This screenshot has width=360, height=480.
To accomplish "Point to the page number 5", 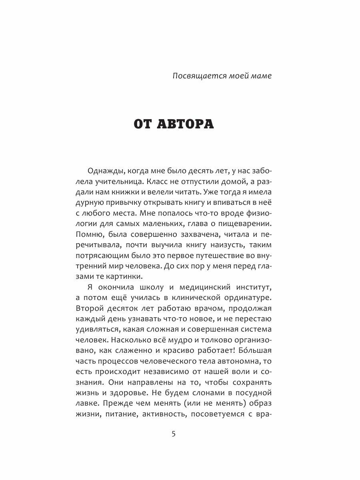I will tap(173, 435).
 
